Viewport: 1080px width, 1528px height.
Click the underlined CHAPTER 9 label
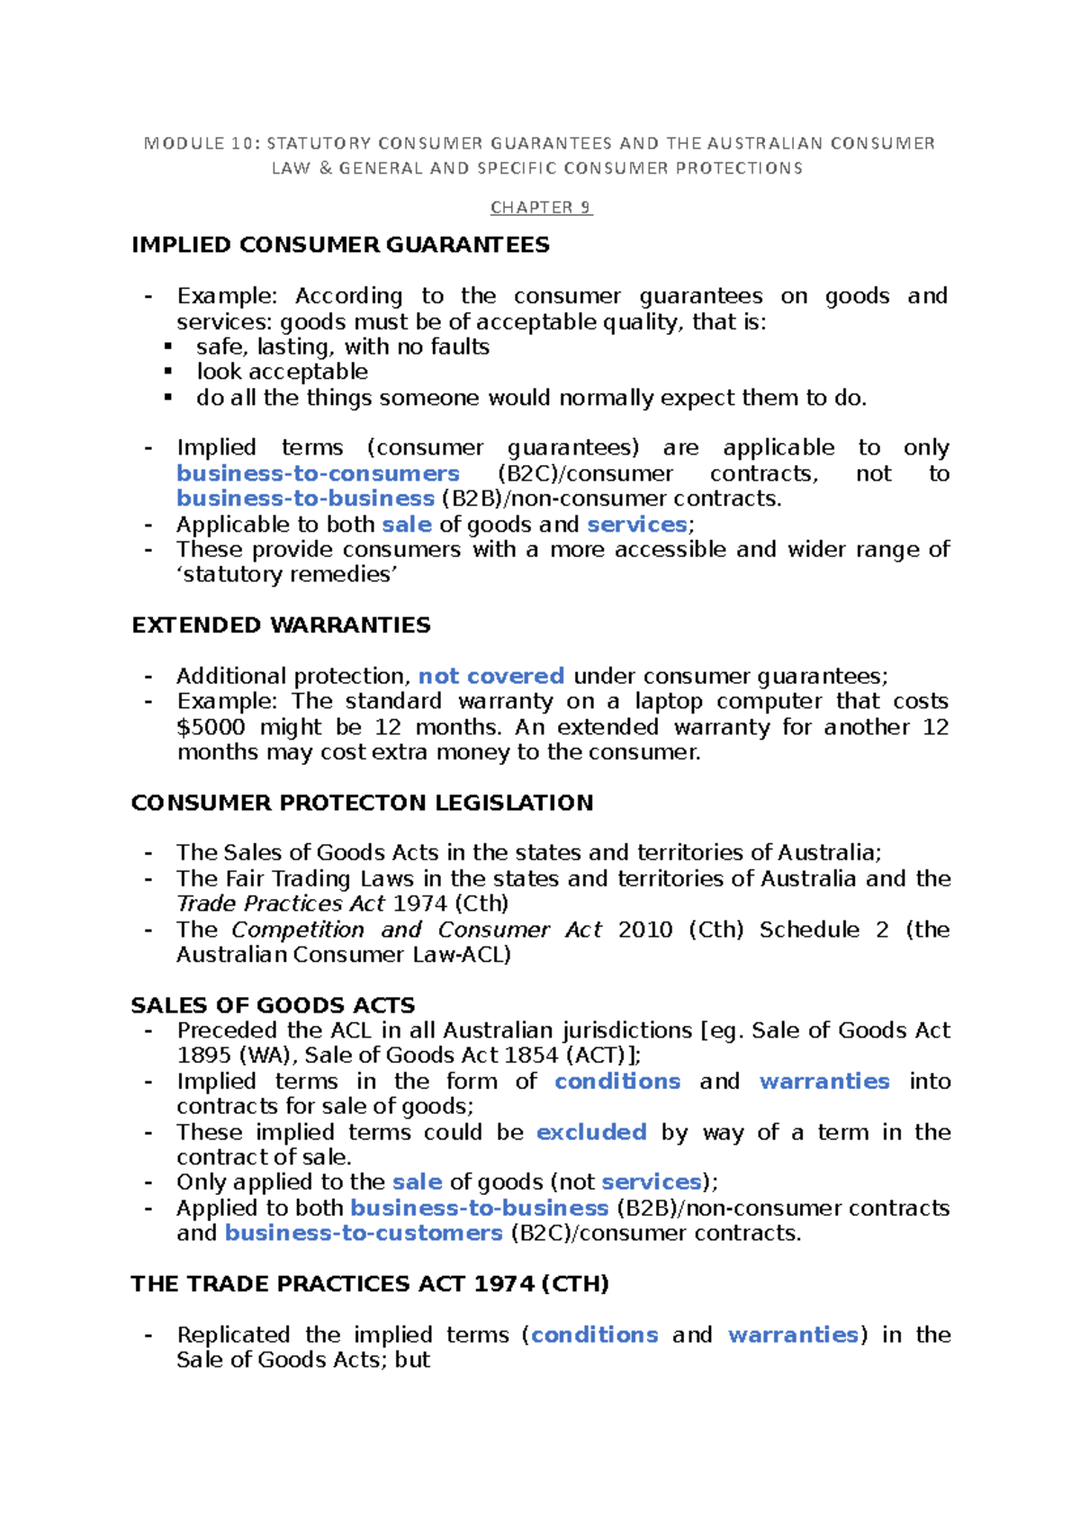[x=541, y=208]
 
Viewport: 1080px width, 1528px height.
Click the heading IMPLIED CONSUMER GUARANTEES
[x=340, y=245]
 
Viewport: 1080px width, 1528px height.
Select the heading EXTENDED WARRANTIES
[x=281, y=625]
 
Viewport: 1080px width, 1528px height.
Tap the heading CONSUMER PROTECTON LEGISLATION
[x=362, y=803]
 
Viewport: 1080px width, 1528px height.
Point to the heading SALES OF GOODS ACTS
[x=273, y=1005]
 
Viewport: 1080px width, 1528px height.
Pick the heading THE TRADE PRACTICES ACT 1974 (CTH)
[x=370, y=1283]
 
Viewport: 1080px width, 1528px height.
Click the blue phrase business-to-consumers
[x=318, y=473]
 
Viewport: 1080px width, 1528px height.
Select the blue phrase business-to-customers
[x=363, y=1233]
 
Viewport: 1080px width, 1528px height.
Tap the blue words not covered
[x=491, y=676]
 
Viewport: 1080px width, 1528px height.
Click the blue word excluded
[x=591, y=1132]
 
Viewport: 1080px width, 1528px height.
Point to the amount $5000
[x=211, y=727]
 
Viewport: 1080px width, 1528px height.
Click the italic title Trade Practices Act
[x=281, y=903]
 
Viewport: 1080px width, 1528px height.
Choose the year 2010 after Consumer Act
[x=645, y=930]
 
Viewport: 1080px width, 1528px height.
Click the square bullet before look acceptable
[x=168, y=372]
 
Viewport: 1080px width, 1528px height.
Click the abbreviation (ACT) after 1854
[x=598, y=1056]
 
